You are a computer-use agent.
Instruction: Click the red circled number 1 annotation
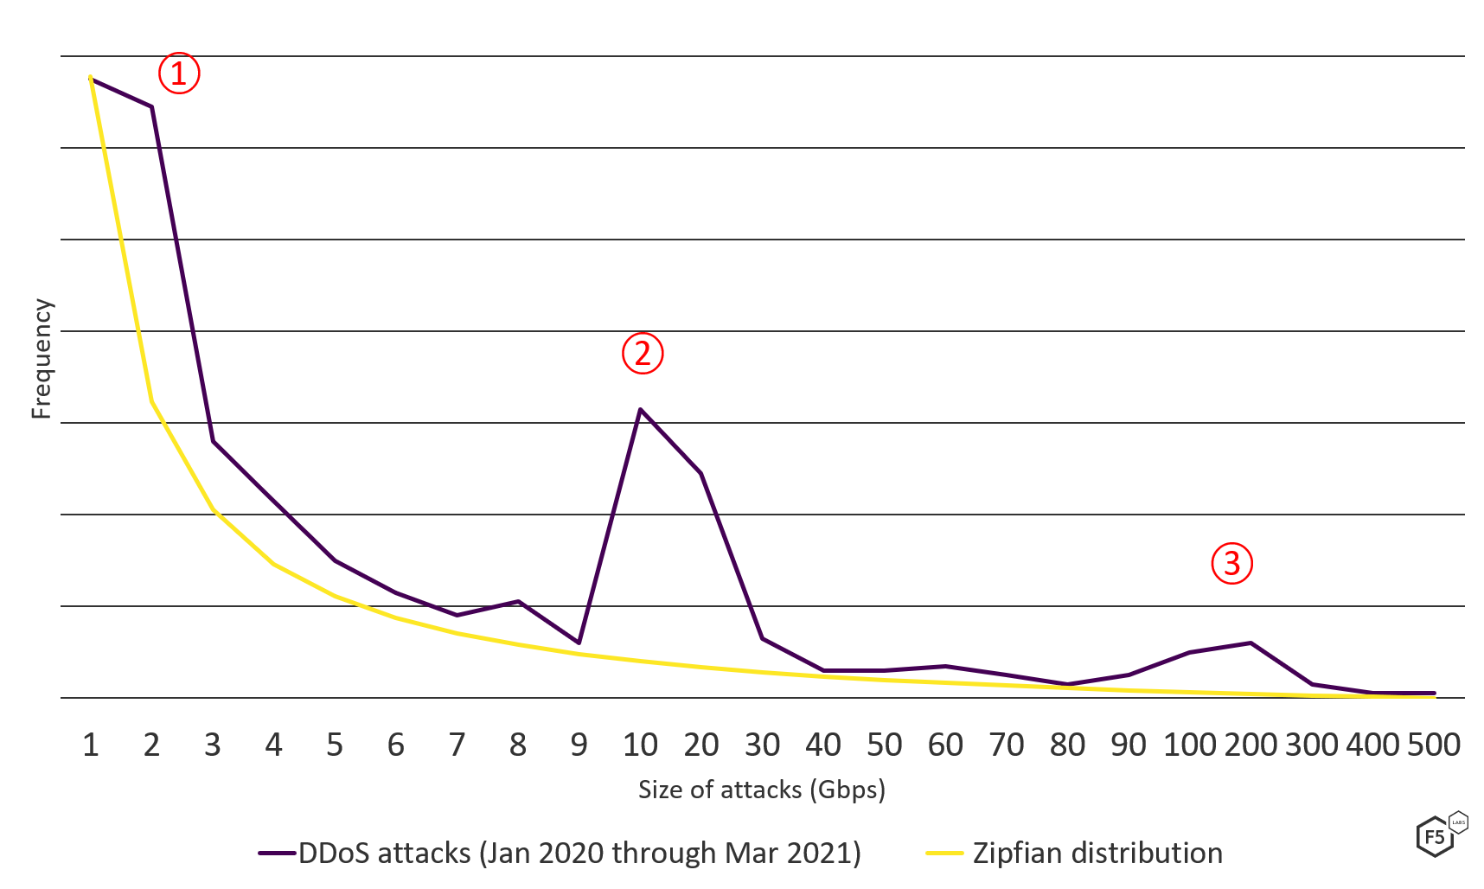(179, 74)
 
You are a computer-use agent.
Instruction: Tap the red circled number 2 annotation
(643, 353)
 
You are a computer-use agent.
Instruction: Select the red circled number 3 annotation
(1231, 564)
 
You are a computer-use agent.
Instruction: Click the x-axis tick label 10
(640, 745)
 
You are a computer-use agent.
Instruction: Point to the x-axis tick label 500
(1434, 745)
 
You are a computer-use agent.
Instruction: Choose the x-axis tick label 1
(91, 745)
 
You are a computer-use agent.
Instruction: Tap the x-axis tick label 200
(1251, 745)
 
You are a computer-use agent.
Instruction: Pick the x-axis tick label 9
(579, 745)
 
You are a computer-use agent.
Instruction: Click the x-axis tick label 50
(884, 745)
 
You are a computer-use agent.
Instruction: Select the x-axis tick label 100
(1189, 745)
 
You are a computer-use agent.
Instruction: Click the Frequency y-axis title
(42, 359)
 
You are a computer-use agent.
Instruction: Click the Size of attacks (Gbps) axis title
(761, 790)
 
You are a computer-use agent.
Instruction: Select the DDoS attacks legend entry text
(579, 854)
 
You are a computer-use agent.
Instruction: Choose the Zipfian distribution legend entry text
(1097, 854)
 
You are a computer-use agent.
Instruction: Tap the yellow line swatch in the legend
(944, 854)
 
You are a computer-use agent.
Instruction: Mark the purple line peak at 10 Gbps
(640, 408)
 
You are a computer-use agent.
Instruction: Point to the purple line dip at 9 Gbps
(579, 643)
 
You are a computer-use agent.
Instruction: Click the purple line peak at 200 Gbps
(1251, 643)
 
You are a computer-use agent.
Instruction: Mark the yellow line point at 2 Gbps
(151, 400)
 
